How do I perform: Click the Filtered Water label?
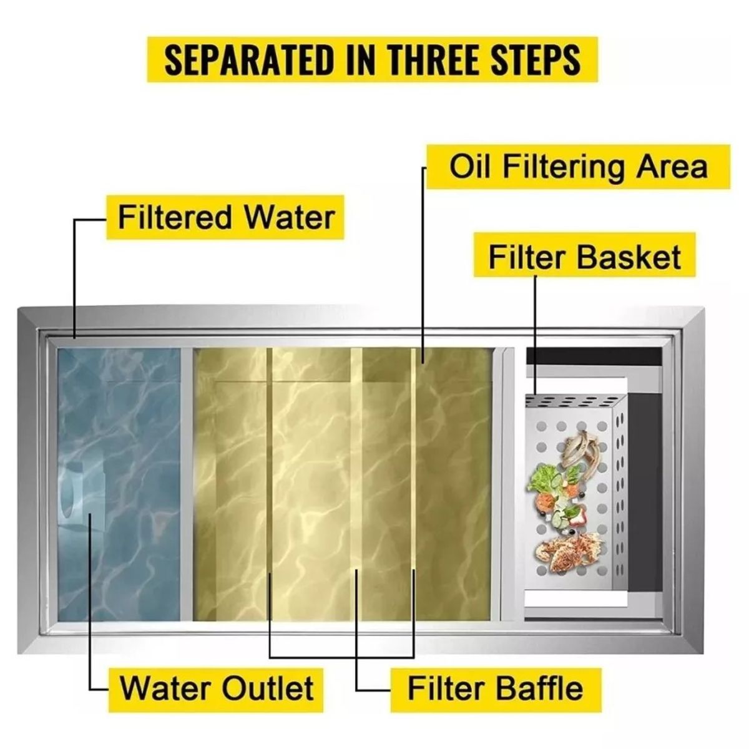[225, 217]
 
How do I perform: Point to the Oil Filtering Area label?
[579, 167]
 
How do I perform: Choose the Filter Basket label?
[584, 257]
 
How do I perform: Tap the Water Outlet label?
[216, 688]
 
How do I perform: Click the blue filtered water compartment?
[119, 484]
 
